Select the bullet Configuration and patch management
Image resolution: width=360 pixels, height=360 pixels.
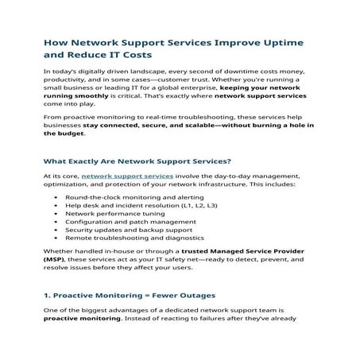126,223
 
